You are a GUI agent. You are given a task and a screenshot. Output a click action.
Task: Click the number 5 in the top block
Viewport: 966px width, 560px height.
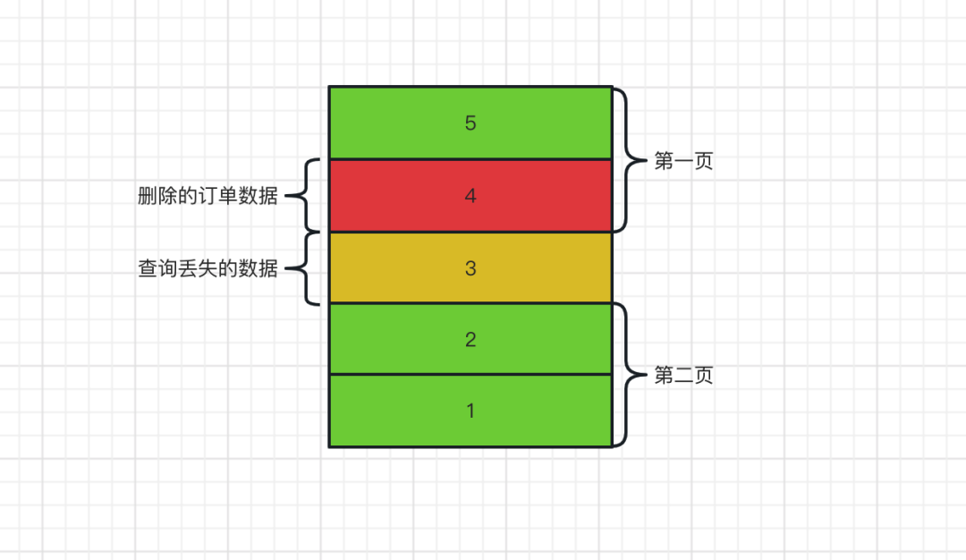tap(470, 123)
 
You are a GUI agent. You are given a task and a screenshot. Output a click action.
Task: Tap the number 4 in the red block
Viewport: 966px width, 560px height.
tap(470, 196)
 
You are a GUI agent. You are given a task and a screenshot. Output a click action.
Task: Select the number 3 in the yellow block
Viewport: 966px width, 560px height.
tap(470, 268)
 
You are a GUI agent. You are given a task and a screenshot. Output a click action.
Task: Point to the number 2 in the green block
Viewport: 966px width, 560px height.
tap(470, 340)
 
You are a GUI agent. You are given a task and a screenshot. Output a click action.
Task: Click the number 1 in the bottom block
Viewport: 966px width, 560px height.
tap(470, 412)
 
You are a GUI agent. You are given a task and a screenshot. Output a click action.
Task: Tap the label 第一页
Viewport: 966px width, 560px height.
tap(683, 162)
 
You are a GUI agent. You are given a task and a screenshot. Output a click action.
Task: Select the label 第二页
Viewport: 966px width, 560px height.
tap(683, 376)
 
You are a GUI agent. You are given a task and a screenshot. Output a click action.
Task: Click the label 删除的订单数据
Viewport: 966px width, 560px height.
tap(208, 197)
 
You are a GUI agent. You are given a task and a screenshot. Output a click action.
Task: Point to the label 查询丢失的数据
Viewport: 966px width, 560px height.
tap(208, 268)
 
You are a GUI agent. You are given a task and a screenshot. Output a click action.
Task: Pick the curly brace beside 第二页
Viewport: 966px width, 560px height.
tap(628, 375)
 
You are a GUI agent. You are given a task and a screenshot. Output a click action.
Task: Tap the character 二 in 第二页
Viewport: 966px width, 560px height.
tap(683, 376)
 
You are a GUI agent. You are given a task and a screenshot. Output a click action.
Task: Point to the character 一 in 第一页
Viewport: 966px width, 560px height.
tap(683, 162)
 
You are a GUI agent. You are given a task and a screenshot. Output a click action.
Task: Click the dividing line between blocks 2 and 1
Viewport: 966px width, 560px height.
tap(470, 374)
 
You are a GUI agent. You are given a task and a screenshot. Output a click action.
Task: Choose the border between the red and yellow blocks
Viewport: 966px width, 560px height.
tap(470, 232)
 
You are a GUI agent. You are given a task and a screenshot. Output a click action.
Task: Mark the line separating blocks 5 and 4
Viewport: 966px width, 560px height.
tap(470, 159)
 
